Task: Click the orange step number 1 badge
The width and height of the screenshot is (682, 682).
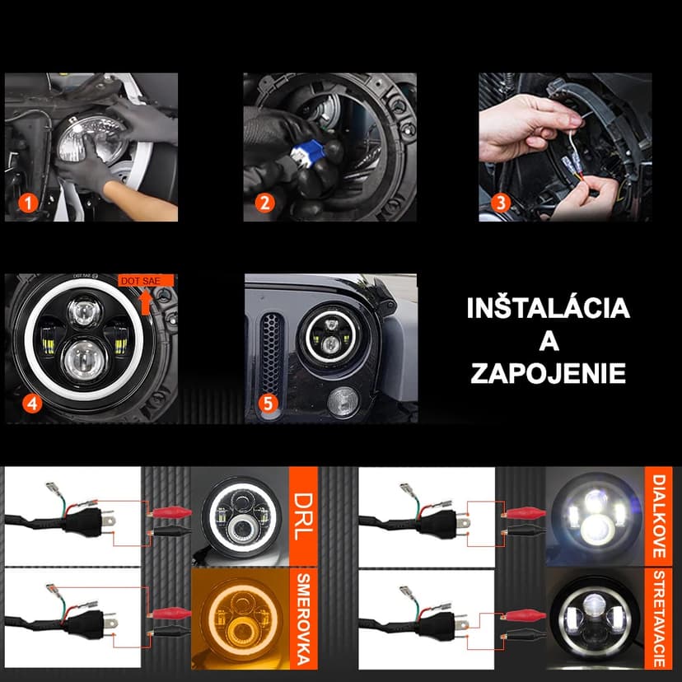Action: (29, 203)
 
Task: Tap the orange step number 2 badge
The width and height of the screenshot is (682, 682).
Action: (264, 203)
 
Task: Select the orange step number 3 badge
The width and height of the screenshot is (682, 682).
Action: (500, 203)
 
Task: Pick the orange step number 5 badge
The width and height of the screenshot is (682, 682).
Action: (266, 404)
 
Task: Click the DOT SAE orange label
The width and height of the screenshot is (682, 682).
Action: (146, 281)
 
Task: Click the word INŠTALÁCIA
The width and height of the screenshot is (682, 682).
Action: (548, 309)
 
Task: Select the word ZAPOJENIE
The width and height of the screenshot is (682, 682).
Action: (548, 371)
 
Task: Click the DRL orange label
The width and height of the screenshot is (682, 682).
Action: (302, 516)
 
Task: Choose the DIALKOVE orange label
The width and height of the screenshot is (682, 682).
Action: (660, 516)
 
